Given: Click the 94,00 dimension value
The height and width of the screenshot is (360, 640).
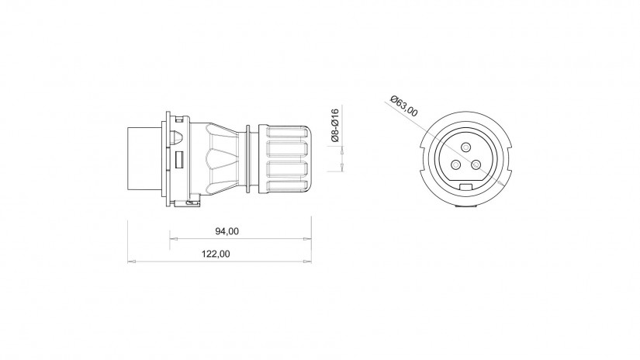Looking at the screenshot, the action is point(227,231).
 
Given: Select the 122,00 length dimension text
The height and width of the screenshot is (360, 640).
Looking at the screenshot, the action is point(216,254).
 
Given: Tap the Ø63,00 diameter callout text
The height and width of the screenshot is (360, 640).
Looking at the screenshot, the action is point(403,106).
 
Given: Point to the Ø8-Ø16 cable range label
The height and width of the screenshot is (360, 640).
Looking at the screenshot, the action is point(334,125).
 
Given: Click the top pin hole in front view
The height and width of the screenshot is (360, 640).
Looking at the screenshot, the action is point(466,147).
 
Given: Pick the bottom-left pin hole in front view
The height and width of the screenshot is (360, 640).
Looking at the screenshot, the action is point(456,165).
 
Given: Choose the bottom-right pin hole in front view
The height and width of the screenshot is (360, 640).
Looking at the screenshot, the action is point(476,165).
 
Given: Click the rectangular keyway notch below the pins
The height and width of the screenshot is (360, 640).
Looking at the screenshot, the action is point(465,187).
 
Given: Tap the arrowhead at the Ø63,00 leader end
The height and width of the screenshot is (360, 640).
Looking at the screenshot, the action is point(500,184).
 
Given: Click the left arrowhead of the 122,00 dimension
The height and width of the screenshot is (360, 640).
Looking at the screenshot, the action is point(131,261).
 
